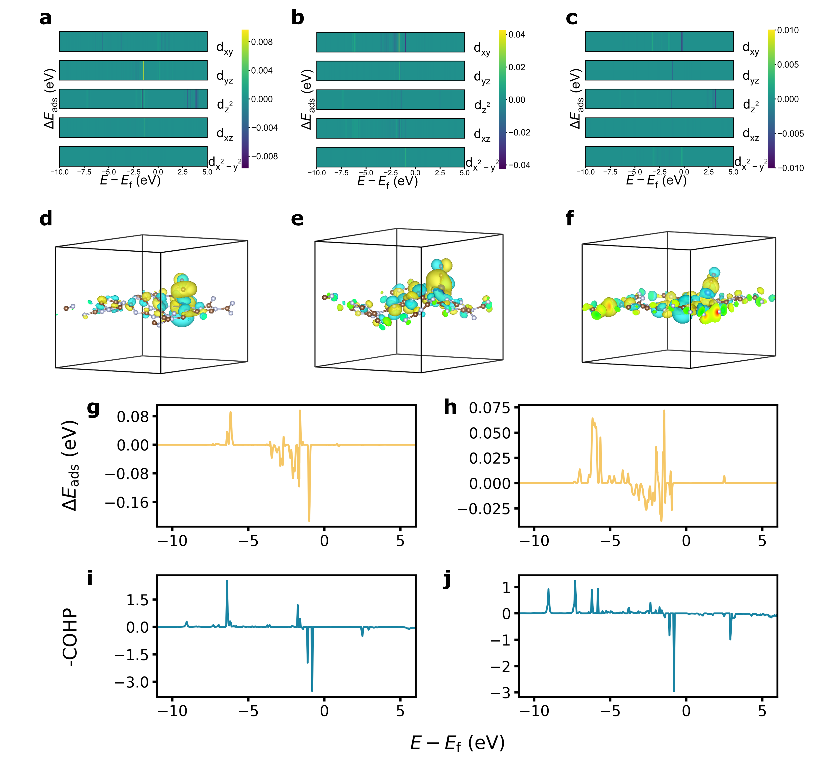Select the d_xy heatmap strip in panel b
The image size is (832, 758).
[x=390, y=42]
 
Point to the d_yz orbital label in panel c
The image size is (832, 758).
[x=751, y=77]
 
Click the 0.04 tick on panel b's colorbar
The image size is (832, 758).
[x=516, y=35]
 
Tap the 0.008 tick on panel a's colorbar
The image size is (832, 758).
[x=262, y=42]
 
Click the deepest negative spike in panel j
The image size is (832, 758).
[x=674, y=691]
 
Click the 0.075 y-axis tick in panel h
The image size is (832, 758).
[x=489, y=408]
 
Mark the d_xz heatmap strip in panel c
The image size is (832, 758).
[x=659, y=128]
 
